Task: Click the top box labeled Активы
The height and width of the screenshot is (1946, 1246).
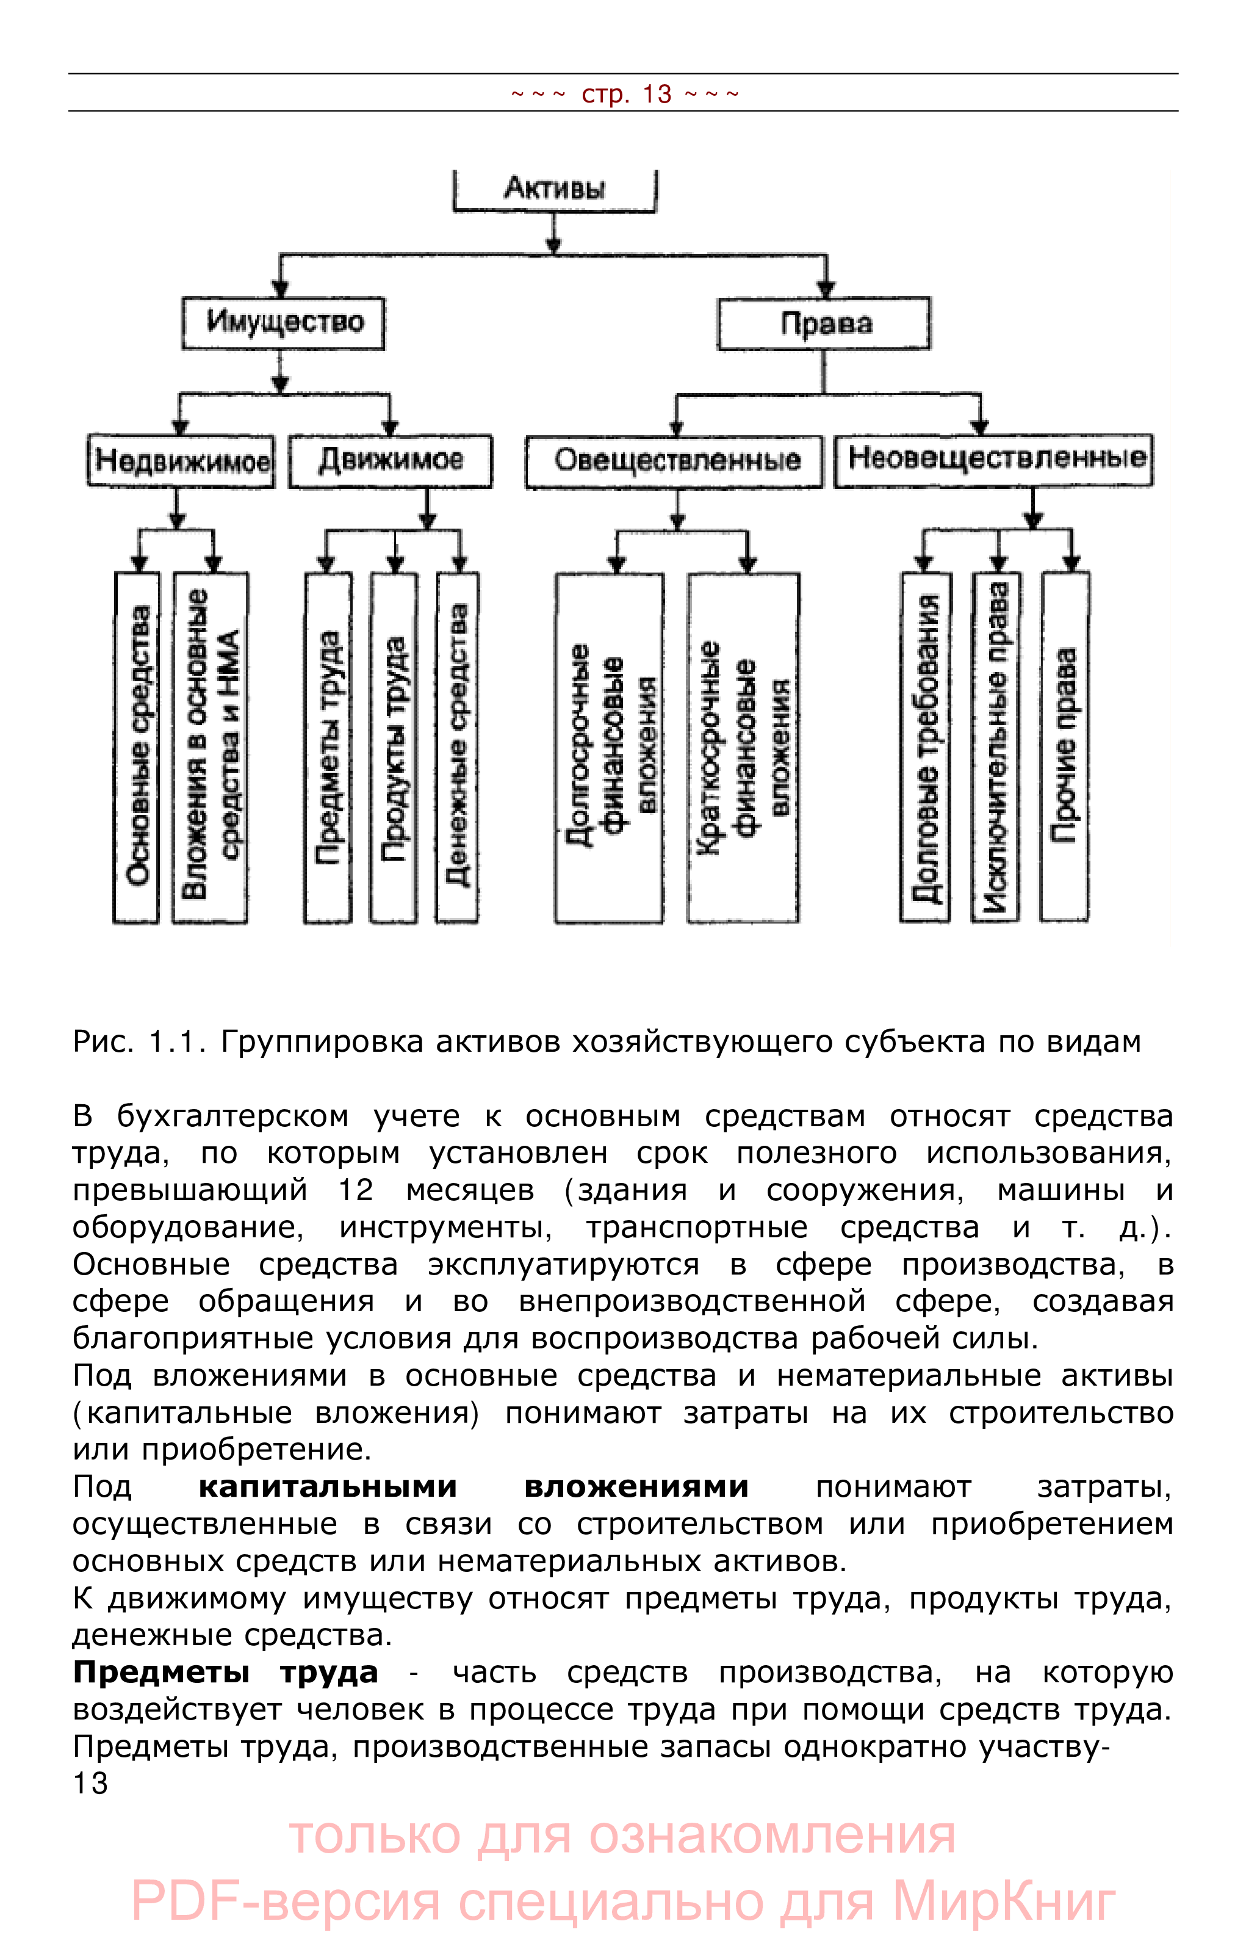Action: coord(554,189)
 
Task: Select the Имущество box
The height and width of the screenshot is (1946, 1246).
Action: coord(283,323)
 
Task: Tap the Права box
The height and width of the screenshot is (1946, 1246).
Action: coord(824,324)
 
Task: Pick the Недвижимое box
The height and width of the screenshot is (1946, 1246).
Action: coord(181,461)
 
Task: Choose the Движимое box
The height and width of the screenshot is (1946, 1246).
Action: coord(391,461)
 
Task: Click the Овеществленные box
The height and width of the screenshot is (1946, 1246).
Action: coord(675,461)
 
